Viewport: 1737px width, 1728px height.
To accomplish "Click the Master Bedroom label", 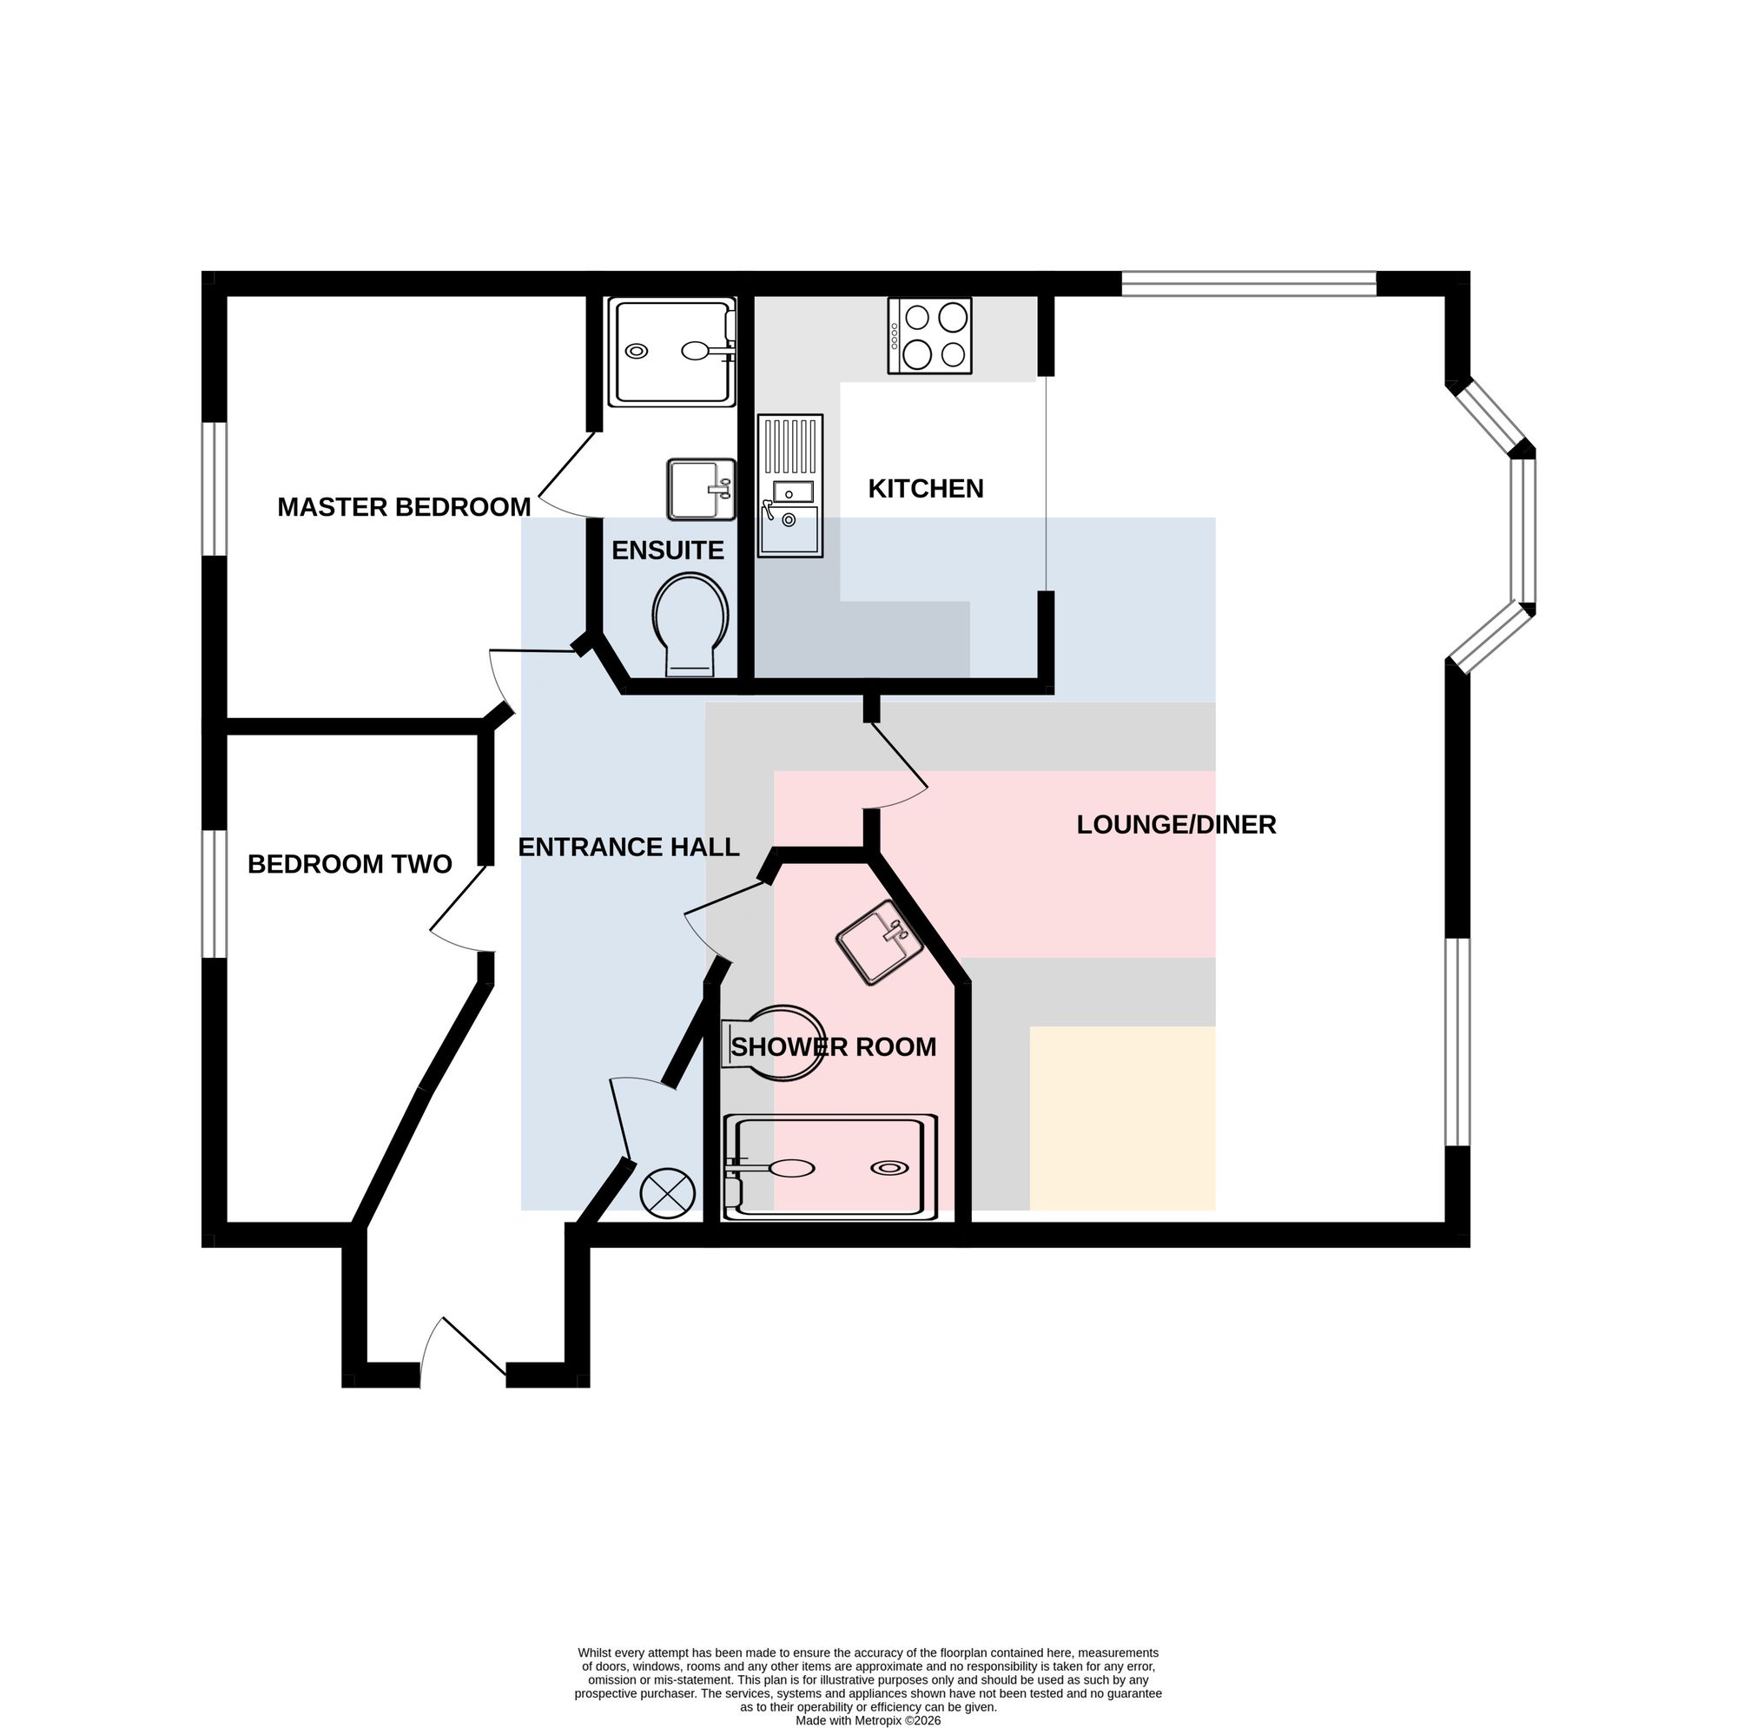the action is click(x=404, y=507).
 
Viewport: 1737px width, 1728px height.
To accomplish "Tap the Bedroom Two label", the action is click(x=349, y=864).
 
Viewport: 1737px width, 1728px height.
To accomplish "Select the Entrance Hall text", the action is click(x=629, y=847).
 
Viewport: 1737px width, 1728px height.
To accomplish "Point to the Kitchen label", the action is click(x=926, y=488).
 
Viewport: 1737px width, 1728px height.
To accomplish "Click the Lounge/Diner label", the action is click(x=1176, y=824).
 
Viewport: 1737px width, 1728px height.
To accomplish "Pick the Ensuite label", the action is click(x=668, y=551).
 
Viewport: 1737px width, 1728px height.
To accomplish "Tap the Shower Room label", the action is click(x=834, y=1046).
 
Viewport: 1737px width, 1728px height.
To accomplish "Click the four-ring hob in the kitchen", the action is click(x=929, y=335).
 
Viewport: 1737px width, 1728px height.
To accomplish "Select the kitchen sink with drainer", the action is click(x=790, y=485).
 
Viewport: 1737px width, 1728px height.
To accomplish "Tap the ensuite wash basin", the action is click(x=700, y=489).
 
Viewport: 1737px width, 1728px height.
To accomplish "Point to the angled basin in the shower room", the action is click(x=879, y=941).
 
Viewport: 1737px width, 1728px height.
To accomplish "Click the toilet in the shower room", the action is click(x=773, y=1043).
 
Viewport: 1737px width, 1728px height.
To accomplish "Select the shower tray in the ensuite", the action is click(x=672, y=352).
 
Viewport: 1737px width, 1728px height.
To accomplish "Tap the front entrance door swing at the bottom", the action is click(x=463, y=1351).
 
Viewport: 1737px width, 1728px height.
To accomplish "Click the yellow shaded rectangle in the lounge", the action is click(x=1122, y=1118).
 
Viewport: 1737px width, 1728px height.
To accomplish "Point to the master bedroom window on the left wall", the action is click(x=214, y=489).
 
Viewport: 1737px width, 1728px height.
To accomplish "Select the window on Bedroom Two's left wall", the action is click(x=214, y=894).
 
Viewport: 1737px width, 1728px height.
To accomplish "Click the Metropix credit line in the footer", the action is click(x=868, y=1721).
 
